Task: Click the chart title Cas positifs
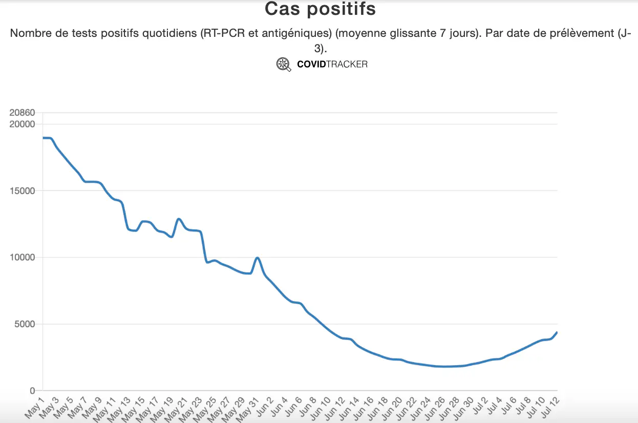[320, 9]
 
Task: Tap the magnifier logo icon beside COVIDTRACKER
[284, 65]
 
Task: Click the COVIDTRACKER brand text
[332, 65]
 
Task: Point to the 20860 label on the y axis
[23, 113]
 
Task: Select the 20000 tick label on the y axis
[23, 124]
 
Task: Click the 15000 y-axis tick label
[23, 191]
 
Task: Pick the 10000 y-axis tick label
[23, 258]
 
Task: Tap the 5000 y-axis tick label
[25, 324]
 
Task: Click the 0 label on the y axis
[32, 391]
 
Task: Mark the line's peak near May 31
[258, 258]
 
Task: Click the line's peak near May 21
[179, 219]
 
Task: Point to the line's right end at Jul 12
[557, 332]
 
